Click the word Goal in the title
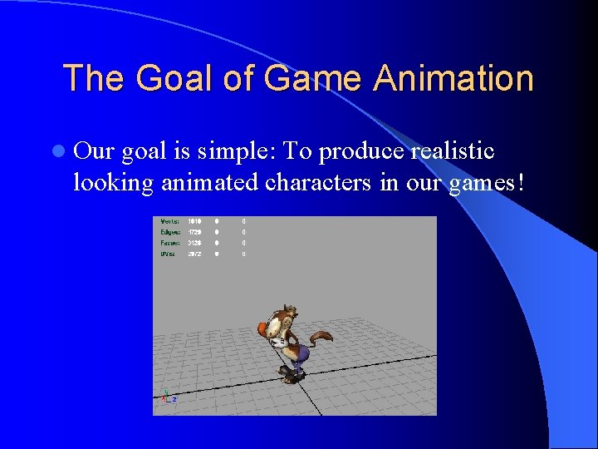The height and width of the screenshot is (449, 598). point(168,78)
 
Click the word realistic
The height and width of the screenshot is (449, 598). point(453,151)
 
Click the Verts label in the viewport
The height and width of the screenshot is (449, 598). point(169,222)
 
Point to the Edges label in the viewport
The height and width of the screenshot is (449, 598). point(169,232)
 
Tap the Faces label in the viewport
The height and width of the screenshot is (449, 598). point(169,243)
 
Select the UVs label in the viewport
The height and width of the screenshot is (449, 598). point(168,253)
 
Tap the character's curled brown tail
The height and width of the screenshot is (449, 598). point(321,337)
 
